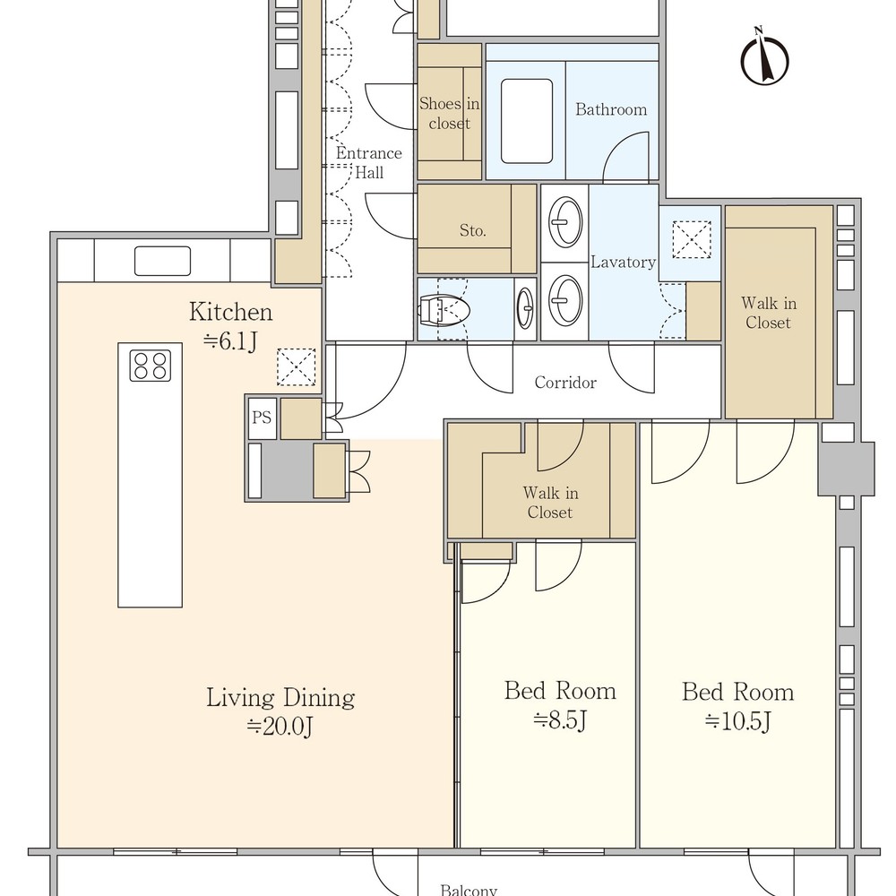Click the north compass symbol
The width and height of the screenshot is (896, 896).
pos(764,57)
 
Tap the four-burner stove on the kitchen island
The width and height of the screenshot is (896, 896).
pos(151,366)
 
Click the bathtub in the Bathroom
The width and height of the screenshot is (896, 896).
pos(526,121)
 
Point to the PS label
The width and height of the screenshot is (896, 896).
pos(262,418)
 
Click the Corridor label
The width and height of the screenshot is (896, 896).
pos(565,383)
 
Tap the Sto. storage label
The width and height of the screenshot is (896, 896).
pos(472,230)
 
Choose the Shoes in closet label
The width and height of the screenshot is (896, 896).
pos(449,113)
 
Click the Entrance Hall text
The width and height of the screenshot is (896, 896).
pos(368,162)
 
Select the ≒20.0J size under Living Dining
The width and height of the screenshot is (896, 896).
pos(280,727)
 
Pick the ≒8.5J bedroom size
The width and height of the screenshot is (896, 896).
pos(560,720)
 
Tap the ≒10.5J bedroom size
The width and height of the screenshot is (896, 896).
pos(737,721)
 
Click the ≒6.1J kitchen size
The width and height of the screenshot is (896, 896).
pos(230,341)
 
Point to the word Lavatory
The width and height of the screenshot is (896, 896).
pos(623,263)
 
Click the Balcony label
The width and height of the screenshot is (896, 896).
pos(469,890)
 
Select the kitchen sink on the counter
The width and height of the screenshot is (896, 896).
pos(162,261)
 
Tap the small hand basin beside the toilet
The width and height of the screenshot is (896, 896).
pos(525,308)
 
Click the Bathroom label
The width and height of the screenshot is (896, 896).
pos(611,109)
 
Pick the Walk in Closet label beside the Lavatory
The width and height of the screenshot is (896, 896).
pos(768,313)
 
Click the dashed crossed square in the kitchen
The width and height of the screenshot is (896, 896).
pos(296,366)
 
